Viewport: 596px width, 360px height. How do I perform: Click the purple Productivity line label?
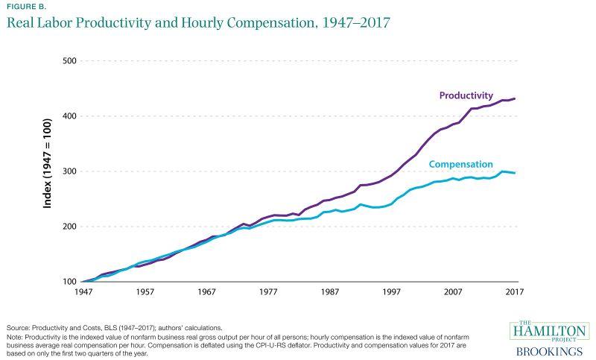point(466,95)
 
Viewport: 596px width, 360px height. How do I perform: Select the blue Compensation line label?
point(460,164)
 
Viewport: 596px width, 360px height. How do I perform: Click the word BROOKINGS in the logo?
point(549,350)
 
